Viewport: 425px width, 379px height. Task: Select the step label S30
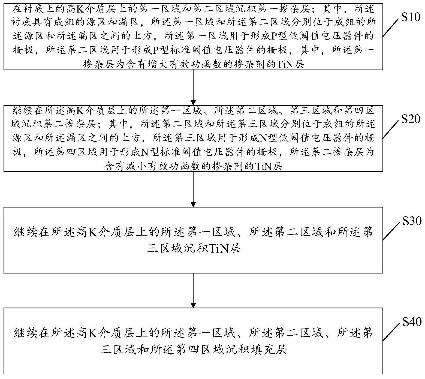[412, 221]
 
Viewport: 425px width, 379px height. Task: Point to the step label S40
[412, 322]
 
